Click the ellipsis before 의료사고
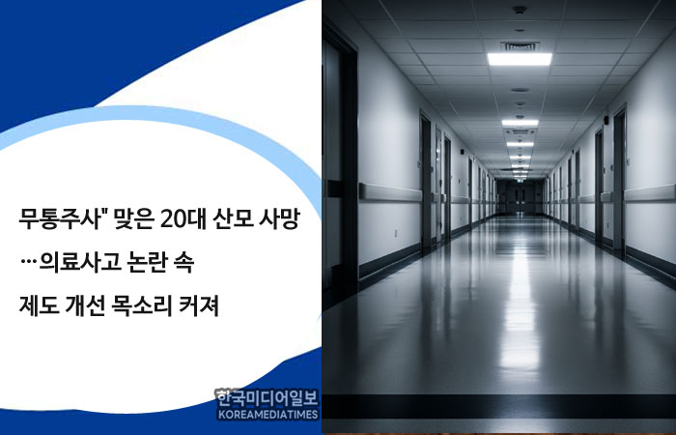(x=28, y=263)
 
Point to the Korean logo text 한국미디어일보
(x=268, y=398)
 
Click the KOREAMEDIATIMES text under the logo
(x=268, y=415)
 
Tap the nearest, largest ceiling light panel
(x=520, y=59)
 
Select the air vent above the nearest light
(x=521, y=46)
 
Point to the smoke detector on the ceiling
(x=521, y=10)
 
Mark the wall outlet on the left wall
(x=396, y=234)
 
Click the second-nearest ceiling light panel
(x=521, y=123)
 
